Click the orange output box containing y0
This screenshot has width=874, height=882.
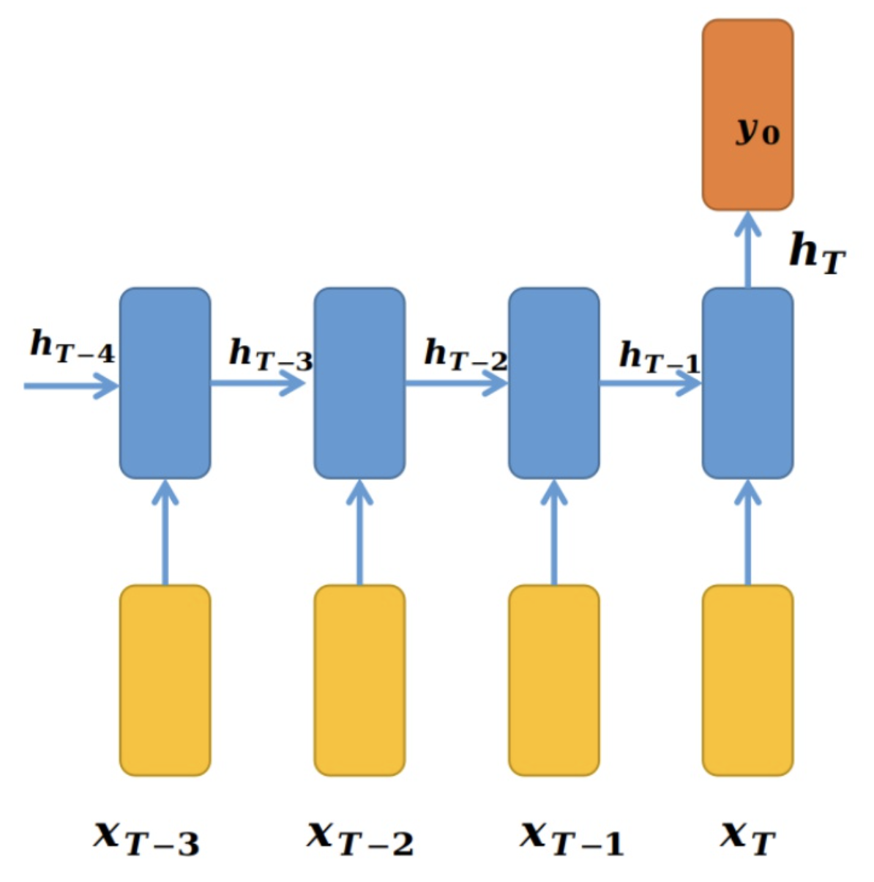tap(747, 115)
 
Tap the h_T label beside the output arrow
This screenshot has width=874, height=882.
tap(817, 253)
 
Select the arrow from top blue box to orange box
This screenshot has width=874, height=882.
tap(747, 249)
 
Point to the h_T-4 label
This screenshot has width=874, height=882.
tap(72, 346)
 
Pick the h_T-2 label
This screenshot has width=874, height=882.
tap(466, 355)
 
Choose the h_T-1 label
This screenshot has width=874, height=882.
tap(660, 357)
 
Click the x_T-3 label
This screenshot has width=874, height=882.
tap(146, 837)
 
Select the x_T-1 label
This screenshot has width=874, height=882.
tap(572, 837)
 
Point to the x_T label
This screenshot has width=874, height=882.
tap(747, 837)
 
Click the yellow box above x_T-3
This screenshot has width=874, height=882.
tap(165, 680)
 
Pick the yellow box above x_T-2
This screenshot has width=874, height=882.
tap(359, 680)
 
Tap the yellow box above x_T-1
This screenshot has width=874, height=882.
tap(554, 680)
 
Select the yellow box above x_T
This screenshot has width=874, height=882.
tap(747, 680)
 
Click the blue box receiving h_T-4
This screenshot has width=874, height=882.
tap(165, 383)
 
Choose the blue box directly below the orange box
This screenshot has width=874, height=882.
tap(747, 383)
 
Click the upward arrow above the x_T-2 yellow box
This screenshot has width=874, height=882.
tap(359, 532)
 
